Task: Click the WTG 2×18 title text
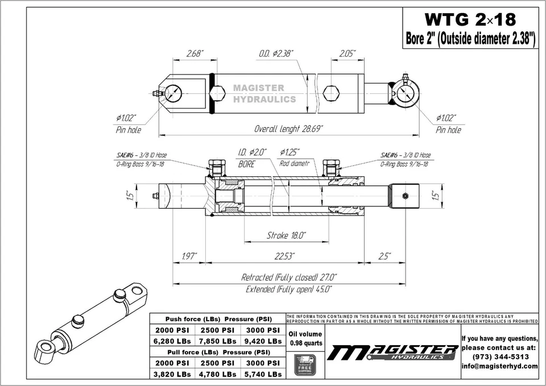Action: (x=470, y=20)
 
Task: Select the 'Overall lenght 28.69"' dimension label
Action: (x=288, y=128)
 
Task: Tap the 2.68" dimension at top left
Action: (x=195, y=53)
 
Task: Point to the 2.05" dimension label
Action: (x=348, y=53)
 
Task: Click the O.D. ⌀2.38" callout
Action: (x=276, y=53)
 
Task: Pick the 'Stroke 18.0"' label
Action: (x=287, y=235)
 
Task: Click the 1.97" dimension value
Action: (x=189, y=256)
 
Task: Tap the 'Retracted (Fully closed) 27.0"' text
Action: (x=289, y=277)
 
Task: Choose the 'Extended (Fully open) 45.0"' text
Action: (x=289, y=289)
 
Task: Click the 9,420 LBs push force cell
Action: (x=262, y=341)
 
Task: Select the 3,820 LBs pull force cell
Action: (x=172, y=374)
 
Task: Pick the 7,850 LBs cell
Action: (x=217, y=341)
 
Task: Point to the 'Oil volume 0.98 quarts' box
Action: (x=305, y=338)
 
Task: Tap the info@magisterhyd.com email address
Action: (x=499, y=366)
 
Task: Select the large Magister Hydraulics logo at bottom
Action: (x=392, y=352)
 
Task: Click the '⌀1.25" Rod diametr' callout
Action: (x=295, y=158)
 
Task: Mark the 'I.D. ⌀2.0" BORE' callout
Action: (x=251, y=158)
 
